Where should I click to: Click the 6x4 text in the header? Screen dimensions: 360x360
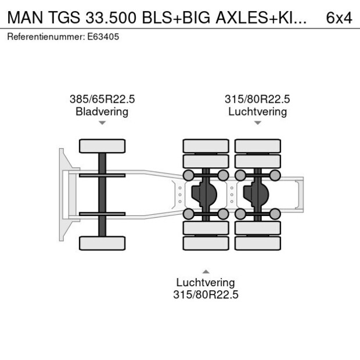[x=339, y=17]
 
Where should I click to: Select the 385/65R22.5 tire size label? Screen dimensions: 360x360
[x=102, y=99]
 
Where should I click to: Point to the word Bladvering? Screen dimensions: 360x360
[x=102, y=111]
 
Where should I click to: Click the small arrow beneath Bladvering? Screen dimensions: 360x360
[x=102, y=123]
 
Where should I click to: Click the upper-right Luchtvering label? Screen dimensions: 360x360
[x=257, y=111]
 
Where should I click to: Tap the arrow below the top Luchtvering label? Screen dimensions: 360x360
[x=257, y=123]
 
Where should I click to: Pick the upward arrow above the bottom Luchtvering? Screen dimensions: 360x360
[x=206, y=271]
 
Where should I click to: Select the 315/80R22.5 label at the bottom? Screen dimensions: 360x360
[x=206, y=295]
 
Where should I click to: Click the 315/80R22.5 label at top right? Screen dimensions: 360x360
[x=257, y=99]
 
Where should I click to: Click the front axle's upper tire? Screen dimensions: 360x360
[x=102, y=146]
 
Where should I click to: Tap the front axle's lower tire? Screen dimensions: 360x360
[x=102, y=243]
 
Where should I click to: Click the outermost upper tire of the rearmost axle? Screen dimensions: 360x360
[x=257, y=146]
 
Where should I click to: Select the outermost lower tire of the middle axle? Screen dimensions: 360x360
[x=206, y=243]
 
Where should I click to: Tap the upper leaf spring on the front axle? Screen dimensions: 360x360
[x=102, y=175]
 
